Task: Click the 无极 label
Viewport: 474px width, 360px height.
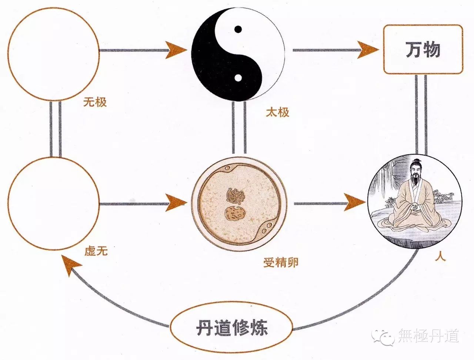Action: (95, 102)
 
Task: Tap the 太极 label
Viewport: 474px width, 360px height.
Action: (277, 112)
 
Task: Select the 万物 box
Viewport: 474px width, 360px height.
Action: (423, 49)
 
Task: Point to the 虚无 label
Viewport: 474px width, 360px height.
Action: (96, 251)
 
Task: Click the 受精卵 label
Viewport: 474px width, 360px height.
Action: (281, 263)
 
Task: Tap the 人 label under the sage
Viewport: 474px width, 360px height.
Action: (440, 257)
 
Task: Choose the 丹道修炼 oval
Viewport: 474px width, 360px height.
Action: (231, 328)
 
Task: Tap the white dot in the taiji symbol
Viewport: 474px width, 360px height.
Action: (238, 77)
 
